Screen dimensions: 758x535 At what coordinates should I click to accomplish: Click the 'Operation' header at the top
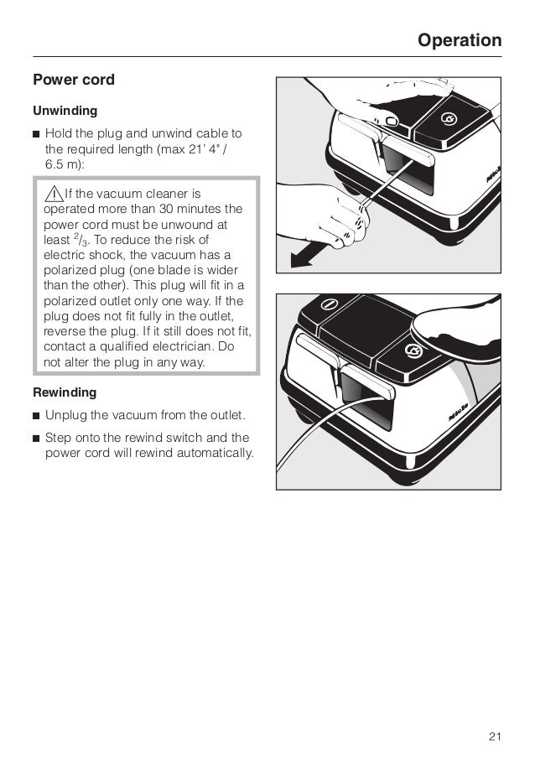460,40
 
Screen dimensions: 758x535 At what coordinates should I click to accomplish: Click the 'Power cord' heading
73,81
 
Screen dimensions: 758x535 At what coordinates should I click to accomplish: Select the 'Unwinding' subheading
65,111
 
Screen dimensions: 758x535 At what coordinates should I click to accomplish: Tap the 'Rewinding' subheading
65,392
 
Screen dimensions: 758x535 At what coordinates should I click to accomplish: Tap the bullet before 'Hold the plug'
36,134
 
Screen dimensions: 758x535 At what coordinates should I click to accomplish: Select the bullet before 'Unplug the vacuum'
36,415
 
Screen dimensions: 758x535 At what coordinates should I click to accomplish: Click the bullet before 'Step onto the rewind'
36,438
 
